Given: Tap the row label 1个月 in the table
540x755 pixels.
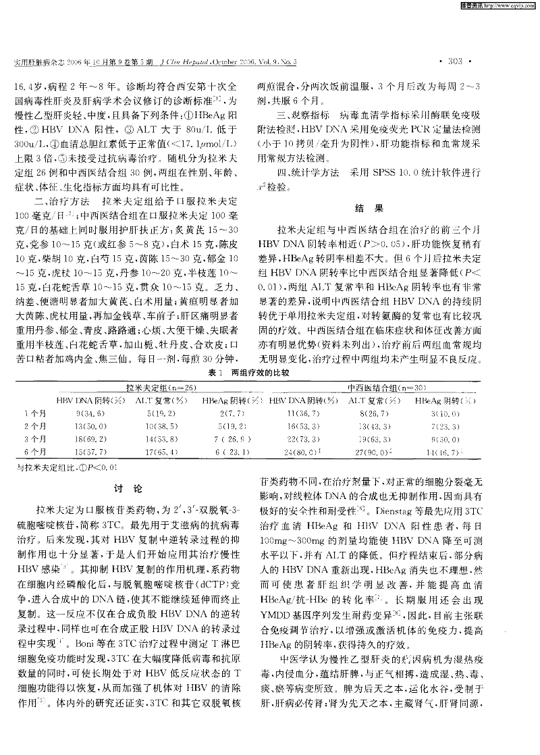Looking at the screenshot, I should coord(34,413).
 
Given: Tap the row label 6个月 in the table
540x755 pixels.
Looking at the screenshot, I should coord(34,450).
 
